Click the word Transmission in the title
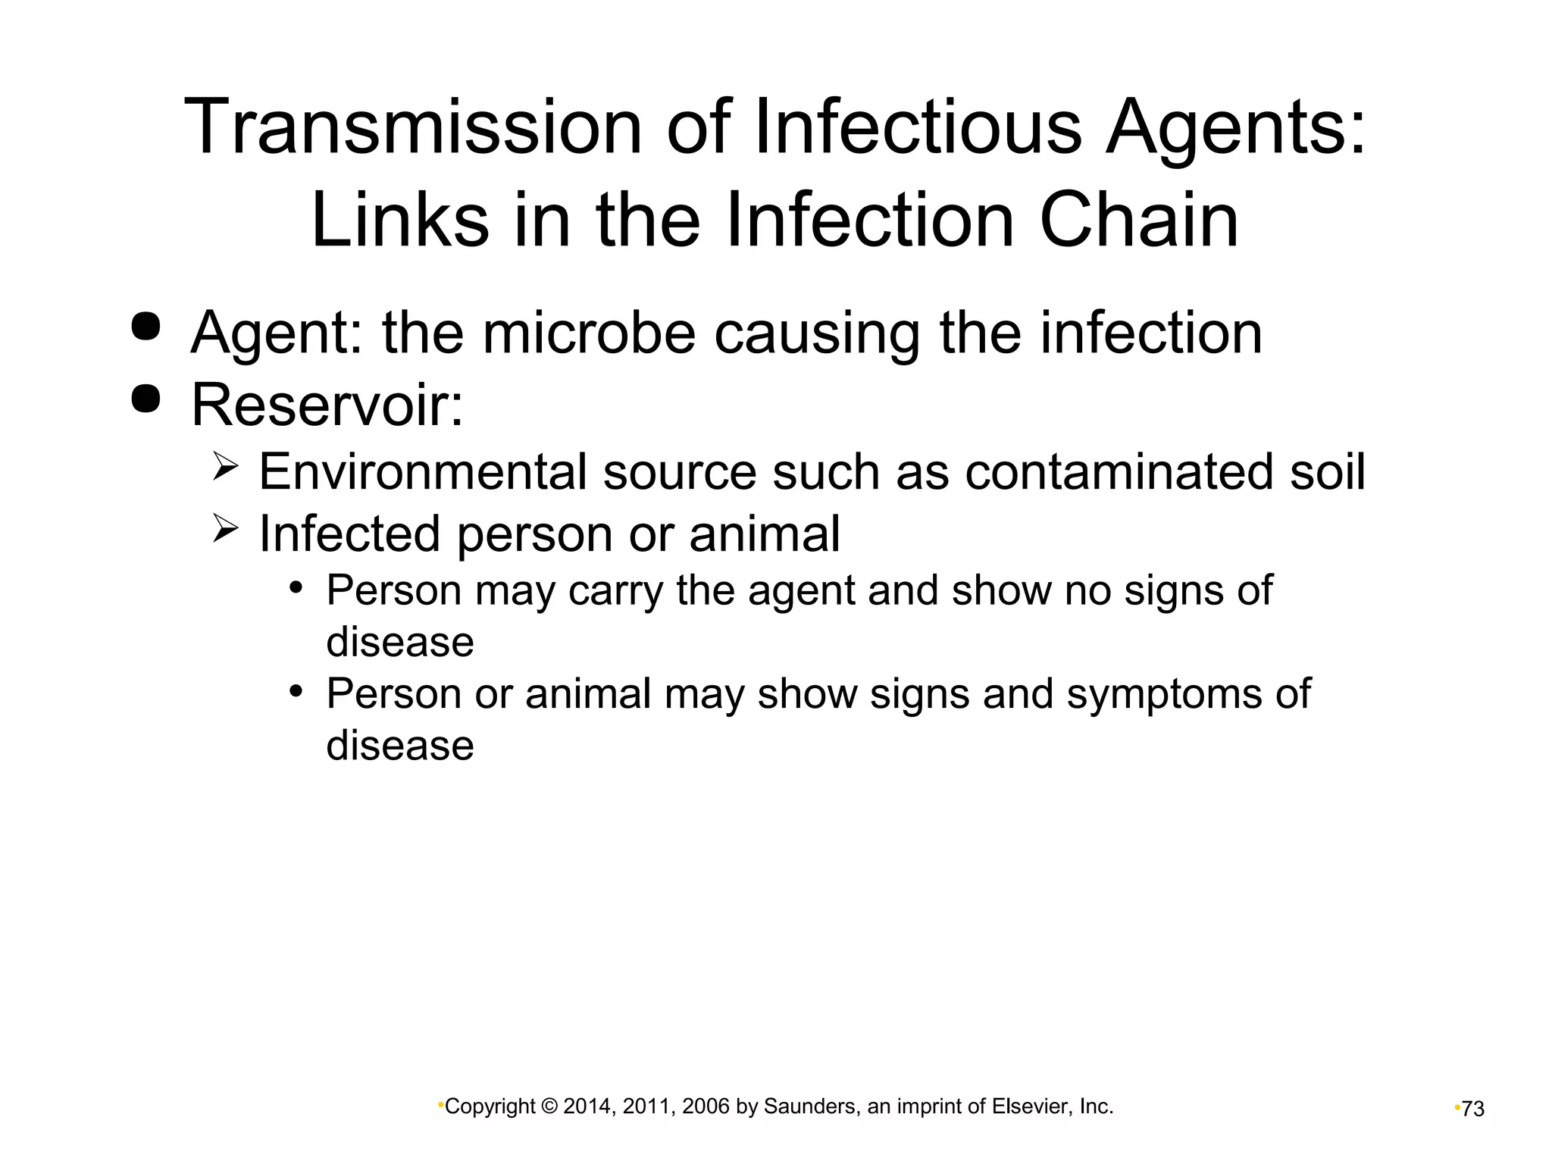point(413,127)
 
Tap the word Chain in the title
point(1138,220)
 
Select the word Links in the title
point(399,220)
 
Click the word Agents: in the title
point(1236,127)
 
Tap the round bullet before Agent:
point(145,327)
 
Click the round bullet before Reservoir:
point(145,399)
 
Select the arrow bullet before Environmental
point(225,465)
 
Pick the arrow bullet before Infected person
point(225,527)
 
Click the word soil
point(1327,471)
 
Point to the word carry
point(616,591)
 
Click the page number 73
point(1473,1109)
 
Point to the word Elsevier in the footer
point(1035,1107)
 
